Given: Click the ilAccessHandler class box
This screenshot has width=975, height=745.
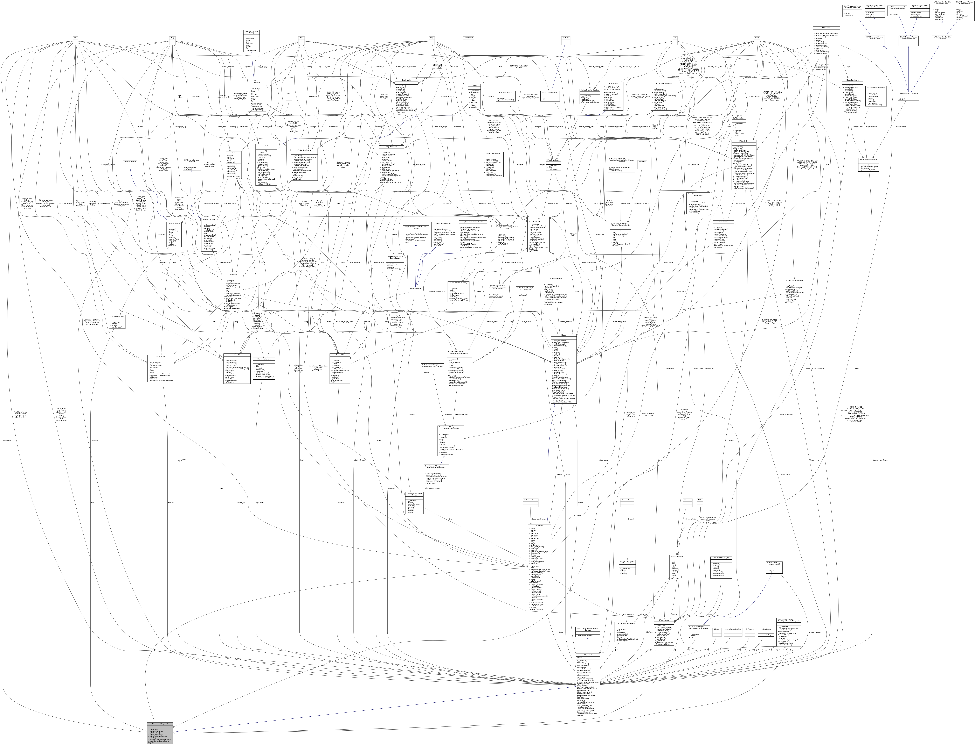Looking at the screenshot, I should pos(415,288).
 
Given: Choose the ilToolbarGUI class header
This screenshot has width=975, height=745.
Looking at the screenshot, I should pos(160,356).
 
